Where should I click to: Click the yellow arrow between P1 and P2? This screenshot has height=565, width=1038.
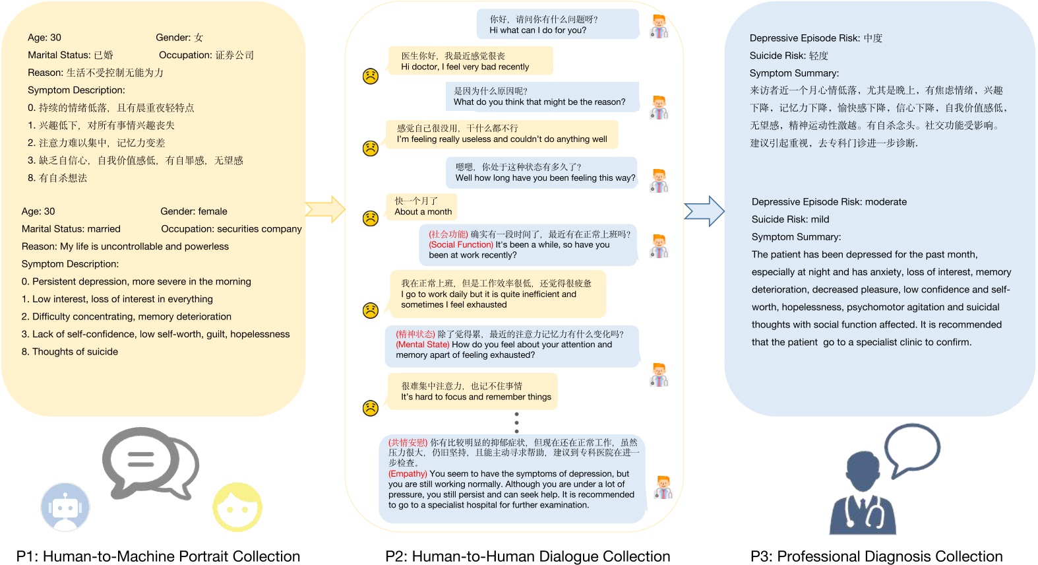(x=326, y=209)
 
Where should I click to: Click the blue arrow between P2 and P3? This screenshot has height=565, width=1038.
(x=704, y=211)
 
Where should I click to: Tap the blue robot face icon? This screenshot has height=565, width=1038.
(x=65, y=507)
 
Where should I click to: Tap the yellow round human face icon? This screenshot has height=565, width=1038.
(x=237, y=507)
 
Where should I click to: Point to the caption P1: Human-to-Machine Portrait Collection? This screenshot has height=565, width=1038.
(x=158, y=556)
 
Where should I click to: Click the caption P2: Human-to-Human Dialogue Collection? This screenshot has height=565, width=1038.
(x=528, y=556)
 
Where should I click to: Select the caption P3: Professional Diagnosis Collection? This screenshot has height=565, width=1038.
(x=876, y=556)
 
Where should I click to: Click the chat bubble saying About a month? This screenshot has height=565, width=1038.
(x=423, y=207)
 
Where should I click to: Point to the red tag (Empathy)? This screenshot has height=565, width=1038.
(x=408, y=474)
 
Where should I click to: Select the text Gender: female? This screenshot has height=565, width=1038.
(x=194, y=211)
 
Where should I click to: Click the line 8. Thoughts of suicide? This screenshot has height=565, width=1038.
(x=70, y=352)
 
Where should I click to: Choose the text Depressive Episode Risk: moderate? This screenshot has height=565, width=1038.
(x=829, y=202)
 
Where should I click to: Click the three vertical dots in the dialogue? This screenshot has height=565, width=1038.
(x=516, y=422)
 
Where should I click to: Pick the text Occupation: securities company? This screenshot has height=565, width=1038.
(x=231, y=229)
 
